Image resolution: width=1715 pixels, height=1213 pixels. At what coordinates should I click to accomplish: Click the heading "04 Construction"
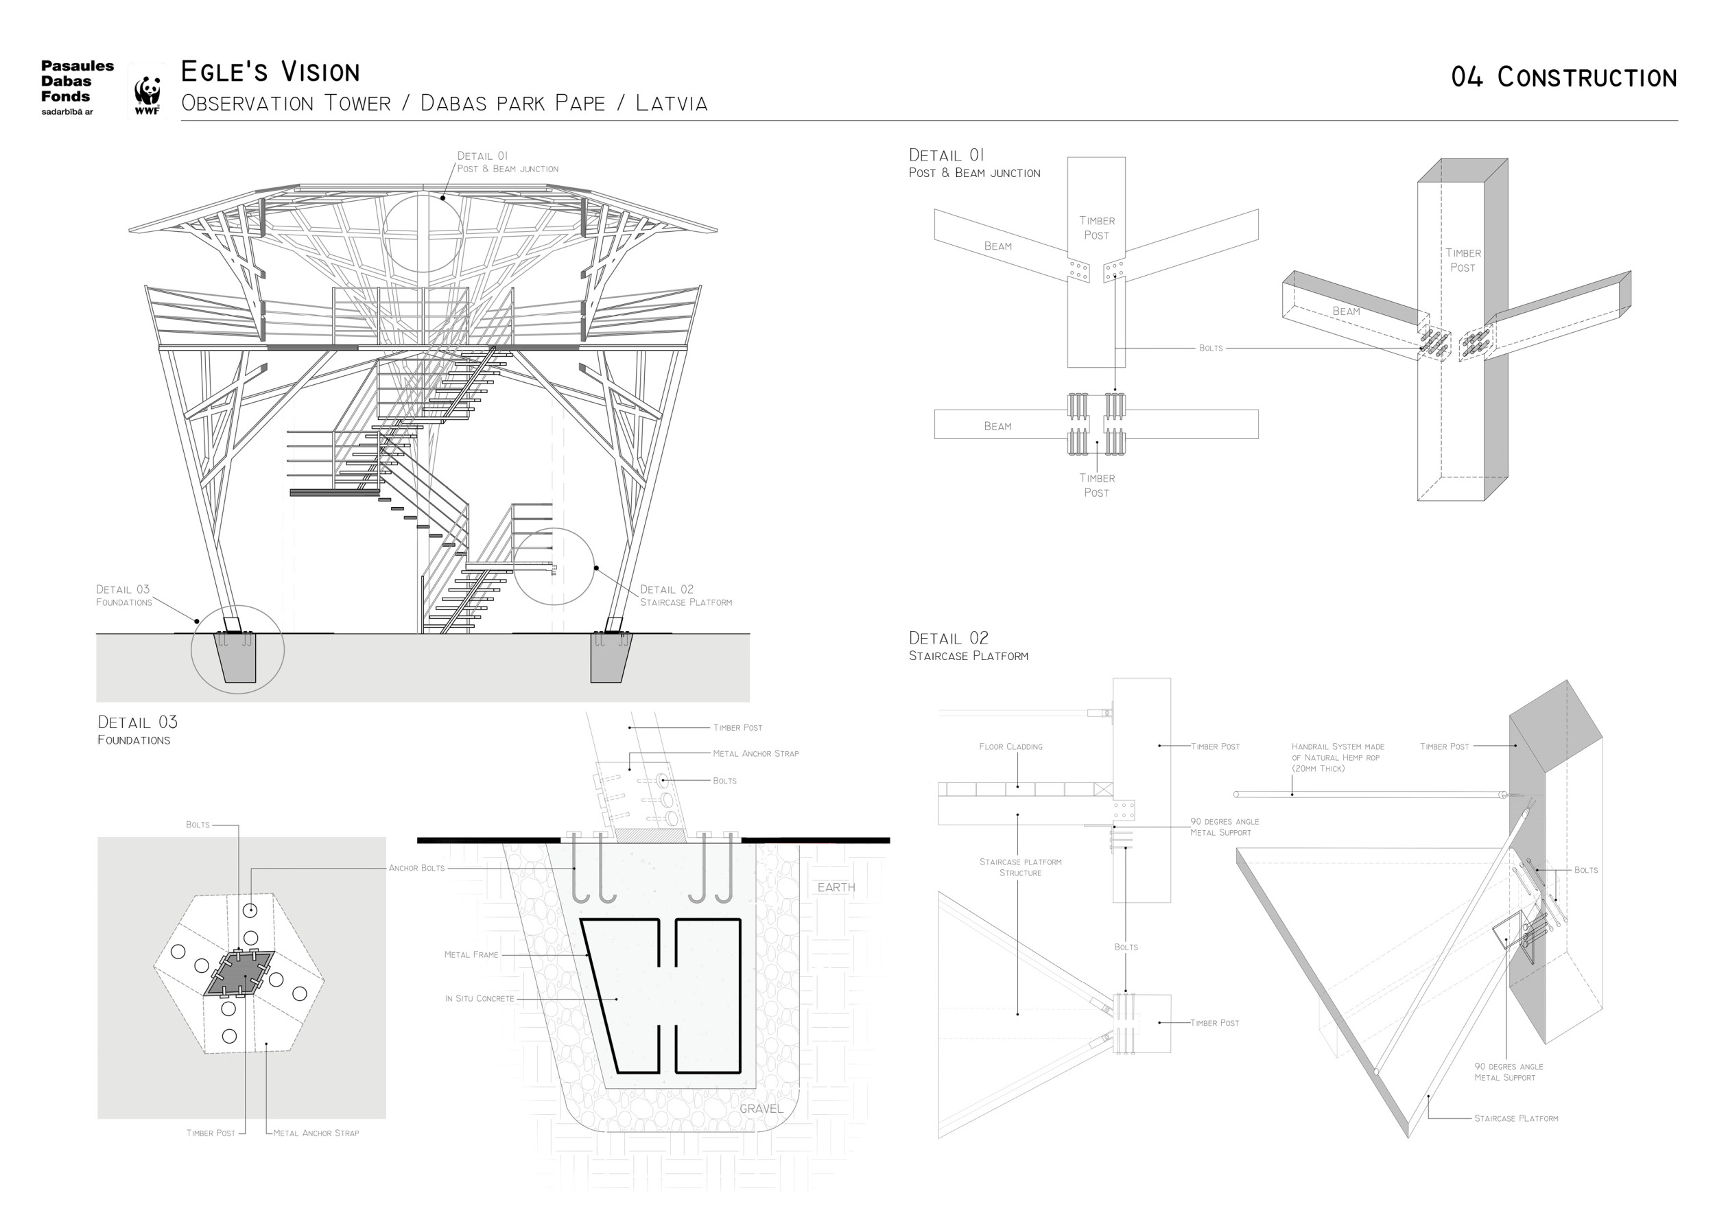tap(1563, 78)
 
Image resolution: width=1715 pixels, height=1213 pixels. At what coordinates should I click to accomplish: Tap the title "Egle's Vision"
tap(270, 72)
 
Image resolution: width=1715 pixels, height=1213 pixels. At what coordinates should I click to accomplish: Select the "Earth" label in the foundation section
tap(836, 887)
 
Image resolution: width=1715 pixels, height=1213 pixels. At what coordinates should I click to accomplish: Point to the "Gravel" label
tap(761, 1109)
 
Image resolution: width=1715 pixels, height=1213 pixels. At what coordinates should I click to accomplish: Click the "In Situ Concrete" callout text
tap(480, 999)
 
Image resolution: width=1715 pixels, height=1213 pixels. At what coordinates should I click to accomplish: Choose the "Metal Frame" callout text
tap(471, 954)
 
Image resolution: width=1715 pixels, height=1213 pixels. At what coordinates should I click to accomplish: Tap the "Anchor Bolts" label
tap(416, 868)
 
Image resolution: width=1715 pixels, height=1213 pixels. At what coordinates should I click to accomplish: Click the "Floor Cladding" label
tap(1010, 746)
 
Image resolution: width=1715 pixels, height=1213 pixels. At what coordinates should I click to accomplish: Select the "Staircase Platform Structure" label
tap(1020, 867)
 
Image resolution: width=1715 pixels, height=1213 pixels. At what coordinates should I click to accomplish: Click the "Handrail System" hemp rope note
tap(1338, 757)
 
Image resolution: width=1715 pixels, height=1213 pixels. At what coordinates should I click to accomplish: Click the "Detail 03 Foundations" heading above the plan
tap(137, 729)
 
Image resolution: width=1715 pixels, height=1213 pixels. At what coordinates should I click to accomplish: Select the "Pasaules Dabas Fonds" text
tap(76, 82)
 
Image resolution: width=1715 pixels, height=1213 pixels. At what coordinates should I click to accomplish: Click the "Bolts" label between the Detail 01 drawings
tap(1211, 348)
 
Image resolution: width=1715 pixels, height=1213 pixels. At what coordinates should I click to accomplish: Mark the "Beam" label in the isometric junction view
tap(1346, 311)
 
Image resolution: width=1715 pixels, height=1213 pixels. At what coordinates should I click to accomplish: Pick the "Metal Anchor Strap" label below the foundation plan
tap(316, 1133)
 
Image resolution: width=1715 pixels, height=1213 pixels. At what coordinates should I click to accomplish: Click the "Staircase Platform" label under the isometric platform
tap(1515, 1118)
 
